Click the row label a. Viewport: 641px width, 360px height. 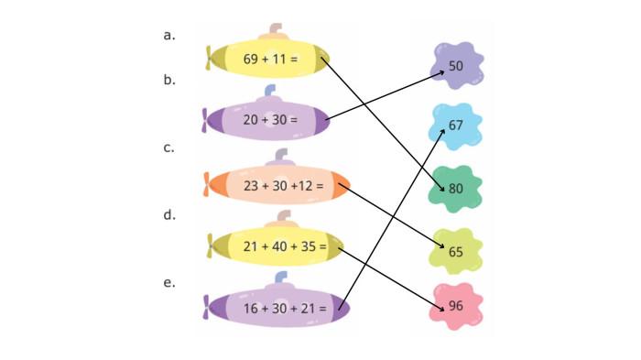pyautogui.click(x=168, y=36)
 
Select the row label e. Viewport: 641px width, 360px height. pyautogui.click(x=168, y=283)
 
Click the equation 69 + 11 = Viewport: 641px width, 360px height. pyautogui.click(x=271, y=60)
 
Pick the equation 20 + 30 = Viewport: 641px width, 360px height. pyautogui.click(x=270, y=119)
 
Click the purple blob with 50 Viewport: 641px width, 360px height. pyautogui.click(x=456, y=66)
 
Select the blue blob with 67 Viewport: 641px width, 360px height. pyautogui.click(x=456, y=125)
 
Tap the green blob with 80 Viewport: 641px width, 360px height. pyautogui.click(x=456, y=188)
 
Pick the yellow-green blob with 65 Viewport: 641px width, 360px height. pyautogui.click(x=456, y=249)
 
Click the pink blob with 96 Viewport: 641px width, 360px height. pyautogui.click(x=456, y=307)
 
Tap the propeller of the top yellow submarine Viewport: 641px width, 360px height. pyautogui.click(x=212, y=59)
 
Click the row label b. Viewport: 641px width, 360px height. pyautogui.click(x=168, y=81)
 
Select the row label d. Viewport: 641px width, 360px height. pyautogui.click(x=168, y=216)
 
